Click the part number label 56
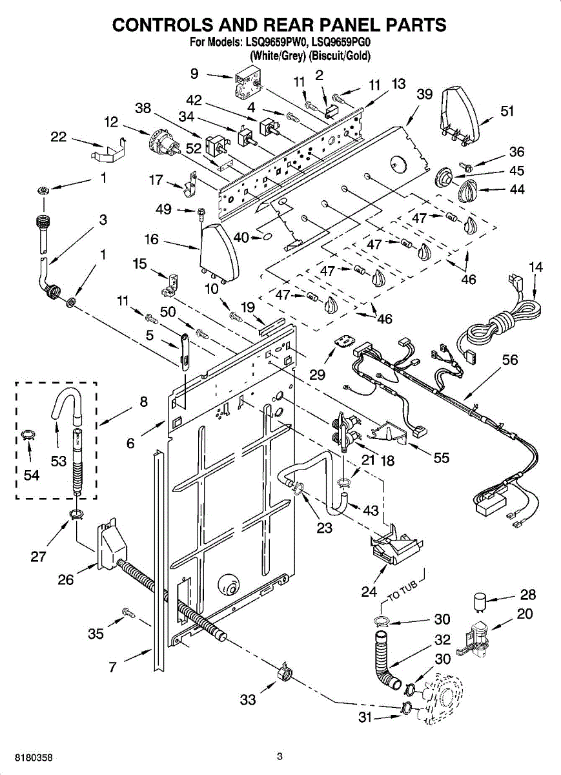coord(510,360)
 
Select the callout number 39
coord(424,94)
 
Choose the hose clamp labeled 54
coord(27,435)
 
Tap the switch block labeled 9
coord(247,85)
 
